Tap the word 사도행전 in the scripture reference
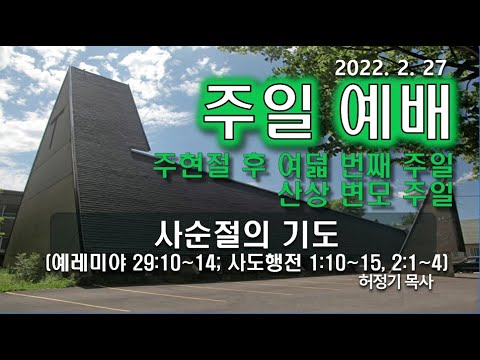271,264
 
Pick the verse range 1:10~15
350,264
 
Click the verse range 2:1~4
419,264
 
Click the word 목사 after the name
422,284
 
